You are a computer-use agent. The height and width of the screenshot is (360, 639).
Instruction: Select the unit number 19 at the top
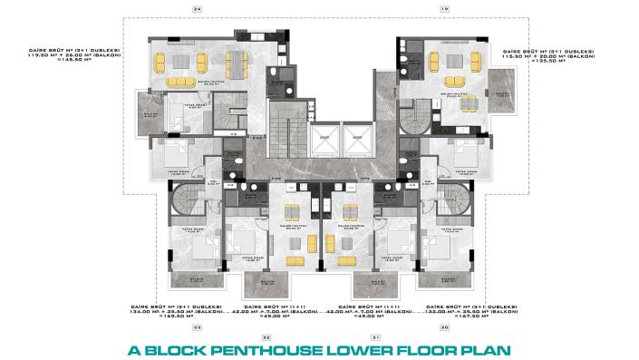[x=443, y=8]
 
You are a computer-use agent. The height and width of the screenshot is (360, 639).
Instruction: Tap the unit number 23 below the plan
[x=197, y=326]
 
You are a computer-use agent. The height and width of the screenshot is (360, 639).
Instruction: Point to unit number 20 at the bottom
[x=444, y=326]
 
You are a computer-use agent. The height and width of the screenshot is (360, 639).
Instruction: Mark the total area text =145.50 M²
[x=75, y=63]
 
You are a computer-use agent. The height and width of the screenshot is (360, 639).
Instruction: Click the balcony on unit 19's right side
[x=501, y=86]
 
